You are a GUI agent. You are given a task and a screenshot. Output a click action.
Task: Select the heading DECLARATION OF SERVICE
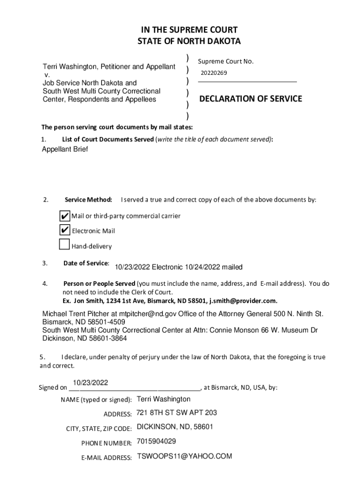[251, 99]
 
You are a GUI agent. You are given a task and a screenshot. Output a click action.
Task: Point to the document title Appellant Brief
[65, 149]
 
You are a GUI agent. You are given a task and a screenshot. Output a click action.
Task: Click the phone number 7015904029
[156, 442]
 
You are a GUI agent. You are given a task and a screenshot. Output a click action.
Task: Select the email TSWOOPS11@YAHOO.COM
[184, 457]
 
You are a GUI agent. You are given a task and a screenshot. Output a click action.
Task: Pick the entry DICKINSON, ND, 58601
[175, 427]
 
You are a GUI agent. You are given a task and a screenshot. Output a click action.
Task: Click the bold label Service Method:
[88, 200]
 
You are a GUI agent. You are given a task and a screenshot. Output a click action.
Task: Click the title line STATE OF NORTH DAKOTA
[189, 42]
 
